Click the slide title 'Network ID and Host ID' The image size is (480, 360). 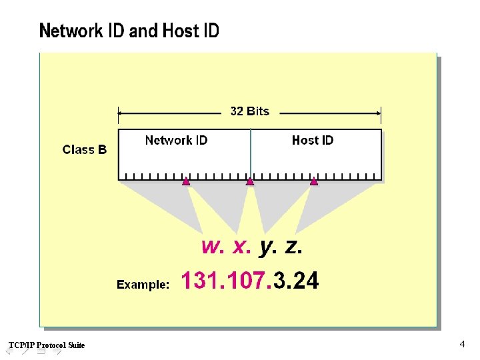tap(129, 31)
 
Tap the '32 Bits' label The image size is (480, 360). tap(250, 111)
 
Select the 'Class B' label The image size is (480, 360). tap(85, 149)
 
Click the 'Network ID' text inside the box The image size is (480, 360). tap(176, 140)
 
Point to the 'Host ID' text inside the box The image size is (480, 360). tap(312, 140)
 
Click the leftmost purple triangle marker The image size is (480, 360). tap(186, 181)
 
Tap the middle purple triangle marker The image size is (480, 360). tap(250, 181)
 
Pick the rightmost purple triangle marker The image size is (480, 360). tap(314, 181)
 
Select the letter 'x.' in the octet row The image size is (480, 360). tap(242, 247)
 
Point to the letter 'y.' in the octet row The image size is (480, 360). tap(267, 247)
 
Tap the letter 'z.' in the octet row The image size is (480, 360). tap(293, 247)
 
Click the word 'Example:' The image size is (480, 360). tap(143, 285)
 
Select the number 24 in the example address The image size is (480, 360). tap(305, 281)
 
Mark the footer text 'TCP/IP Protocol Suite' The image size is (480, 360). tap(47, 345)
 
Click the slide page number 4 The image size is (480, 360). tap(462, 344)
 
